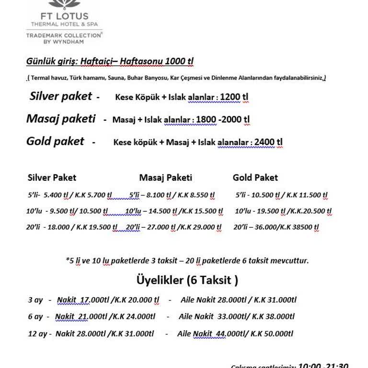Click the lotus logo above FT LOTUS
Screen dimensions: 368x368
pyautogui.click(x=64, y=4)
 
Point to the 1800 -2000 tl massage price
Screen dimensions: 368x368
pyautogui.click(x=223, y=119)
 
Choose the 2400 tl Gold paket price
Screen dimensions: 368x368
pyautogui.click(x=268, y=142)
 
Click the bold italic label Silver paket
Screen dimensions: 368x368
pyautogui.click(x=60, y=96)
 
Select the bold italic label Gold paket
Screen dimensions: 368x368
pyautogui.click(x=55, y=141)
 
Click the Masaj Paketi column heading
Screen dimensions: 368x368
pyautogui.click(x=165, y=178)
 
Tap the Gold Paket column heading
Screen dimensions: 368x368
pyautogui.click(x=255, y=178)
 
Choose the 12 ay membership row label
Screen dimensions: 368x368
pyautogui.click(x=37, y=333)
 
